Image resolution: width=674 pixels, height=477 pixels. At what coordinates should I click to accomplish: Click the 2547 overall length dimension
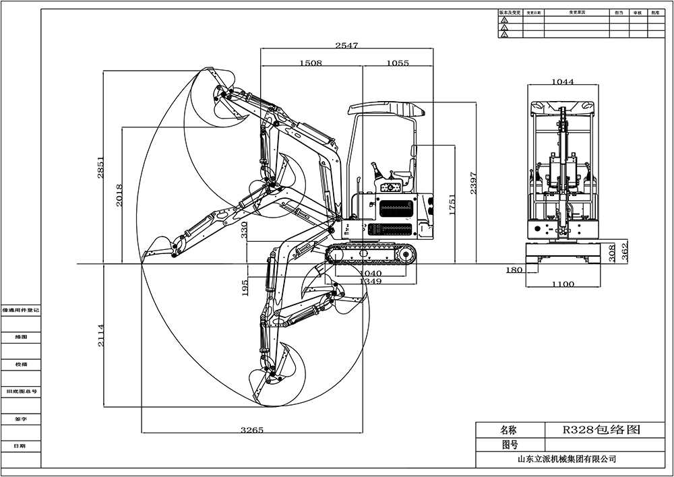pyautogui.click(x=346, y=45)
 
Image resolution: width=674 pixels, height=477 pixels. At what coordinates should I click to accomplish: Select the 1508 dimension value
pyautogui.click(x=310, y=63)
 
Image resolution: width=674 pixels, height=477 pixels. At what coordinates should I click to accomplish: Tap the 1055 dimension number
pyautogui.click(x=398, y=63)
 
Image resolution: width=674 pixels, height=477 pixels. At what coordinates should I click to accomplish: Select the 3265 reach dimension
pyautogui.click(x=252, y=430)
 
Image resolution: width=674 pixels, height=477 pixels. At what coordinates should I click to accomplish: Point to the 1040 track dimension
pyautogui.click(x=370, y=273)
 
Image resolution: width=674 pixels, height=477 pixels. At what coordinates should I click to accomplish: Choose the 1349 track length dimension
pyautogui.click(x=370, y=281)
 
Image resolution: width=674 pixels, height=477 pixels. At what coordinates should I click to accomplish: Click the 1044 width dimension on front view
pyautogui.click(x=562, y=82)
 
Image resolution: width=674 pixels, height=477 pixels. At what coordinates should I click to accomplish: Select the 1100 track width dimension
pyautogui.click(x=562, y=284)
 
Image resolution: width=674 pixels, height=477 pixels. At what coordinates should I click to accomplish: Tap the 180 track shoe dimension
pyautogui.click(x=514, y=269)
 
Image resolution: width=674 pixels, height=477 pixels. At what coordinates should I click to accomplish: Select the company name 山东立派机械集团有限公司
pyautogui.click(x=566, y=459)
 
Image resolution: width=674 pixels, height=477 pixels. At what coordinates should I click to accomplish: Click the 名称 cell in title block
pyautogui.click(x=510, y=429)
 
